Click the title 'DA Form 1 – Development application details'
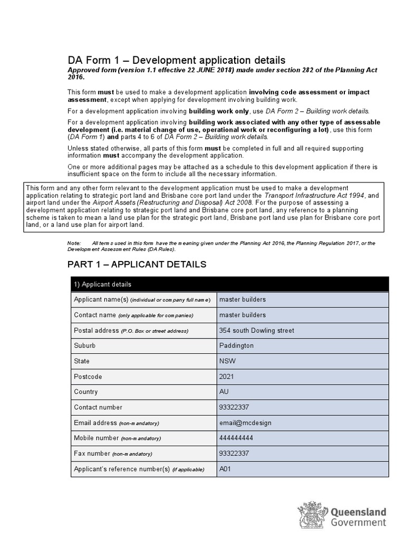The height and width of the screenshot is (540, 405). point(176,60)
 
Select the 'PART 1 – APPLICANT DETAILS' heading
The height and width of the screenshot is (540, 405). point(137,264)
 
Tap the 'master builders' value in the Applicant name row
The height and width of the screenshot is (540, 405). point(242,300)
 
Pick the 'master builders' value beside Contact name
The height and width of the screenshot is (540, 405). point(242,315)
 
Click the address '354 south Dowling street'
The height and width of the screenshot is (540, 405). point(256,331)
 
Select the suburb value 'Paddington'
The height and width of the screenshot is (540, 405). point(236,346)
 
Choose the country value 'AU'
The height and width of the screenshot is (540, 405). point(224,392)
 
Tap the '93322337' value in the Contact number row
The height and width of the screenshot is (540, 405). point(234,407)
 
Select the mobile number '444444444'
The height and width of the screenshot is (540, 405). point(235,438)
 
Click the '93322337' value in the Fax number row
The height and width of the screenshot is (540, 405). point(234,454)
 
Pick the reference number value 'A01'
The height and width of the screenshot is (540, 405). point(225,469)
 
